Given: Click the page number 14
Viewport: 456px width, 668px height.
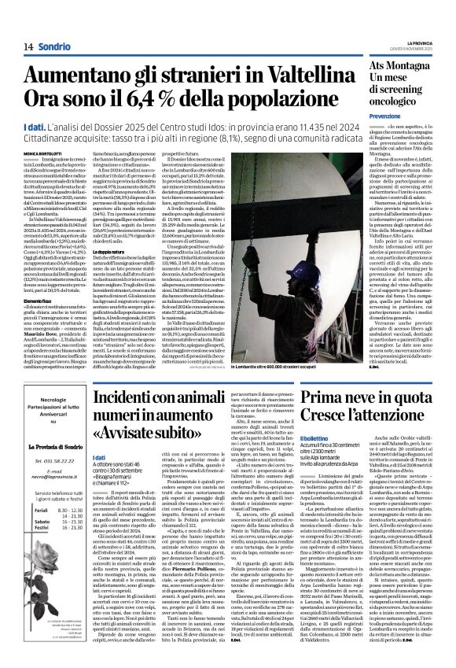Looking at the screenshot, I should pyautogui.click(x=28, y=46).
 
